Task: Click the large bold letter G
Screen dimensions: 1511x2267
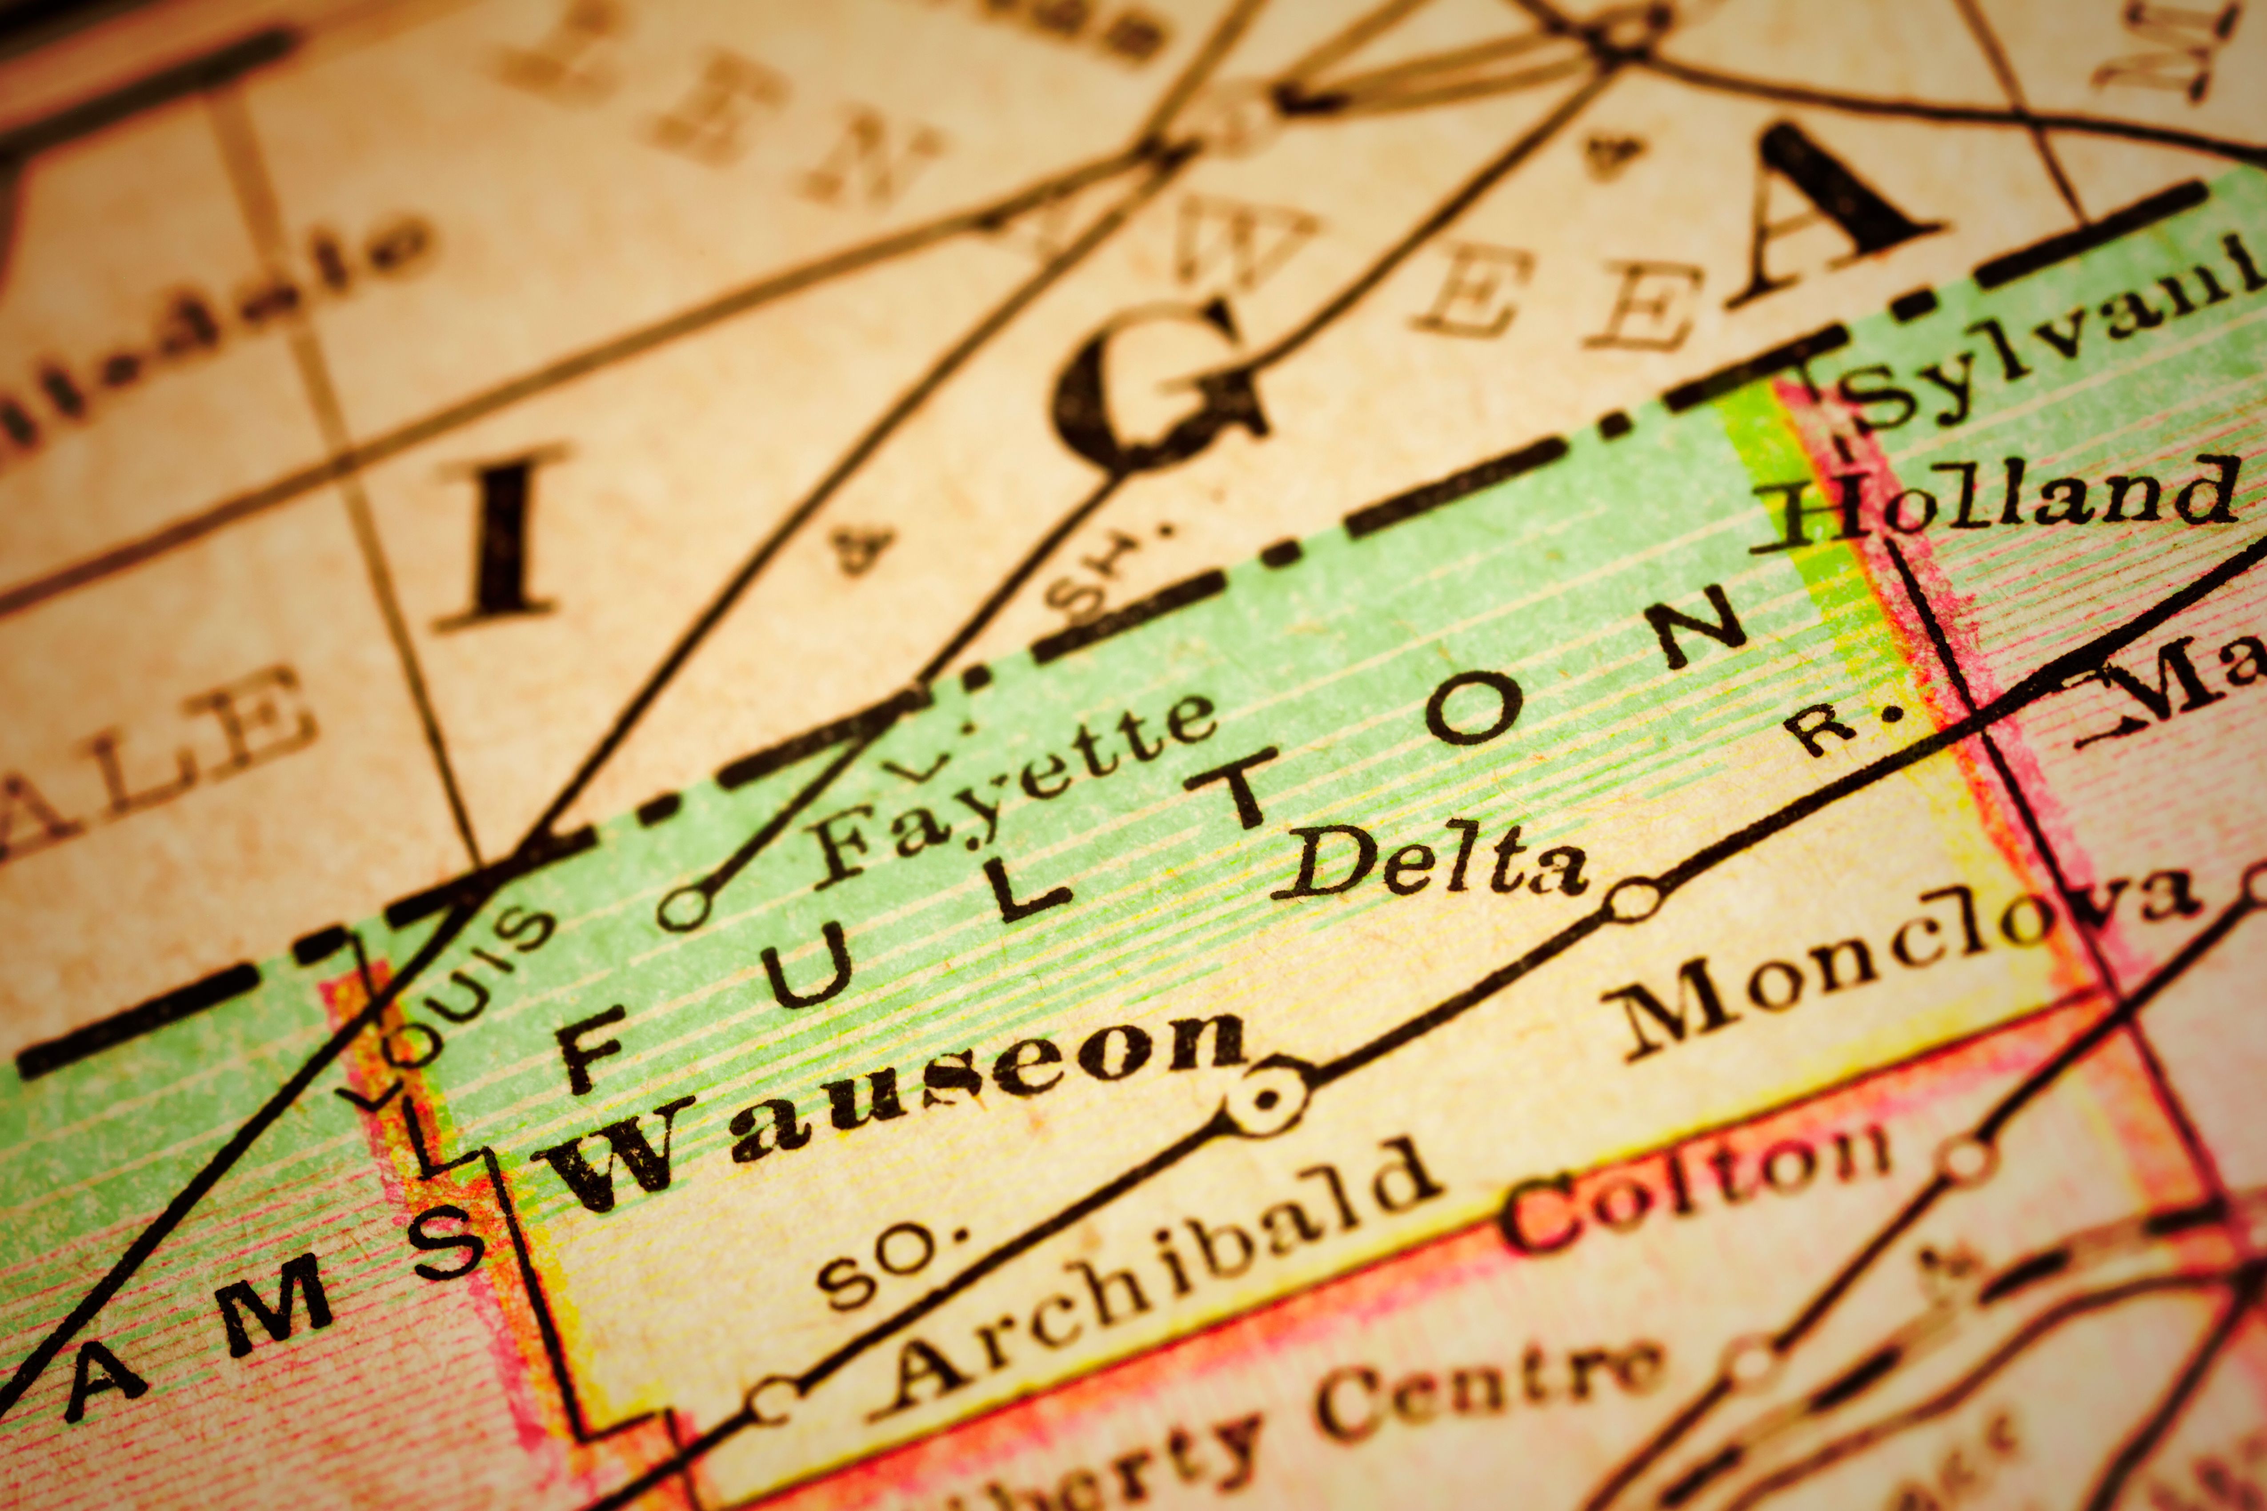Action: point(1157,385)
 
